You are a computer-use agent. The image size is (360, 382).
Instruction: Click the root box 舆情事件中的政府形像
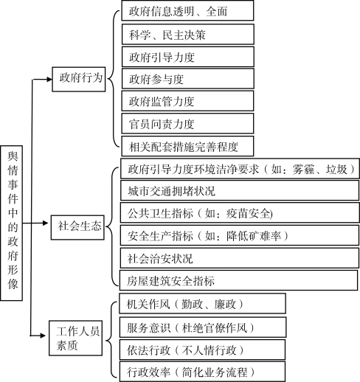[12, 223]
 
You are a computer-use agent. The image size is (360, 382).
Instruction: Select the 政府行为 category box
[79, 79]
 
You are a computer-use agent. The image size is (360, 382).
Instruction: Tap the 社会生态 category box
[77, 227]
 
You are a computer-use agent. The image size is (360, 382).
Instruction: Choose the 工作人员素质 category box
[76, 338]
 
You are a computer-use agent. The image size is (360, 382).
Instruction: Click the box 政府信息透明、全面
[187, 10]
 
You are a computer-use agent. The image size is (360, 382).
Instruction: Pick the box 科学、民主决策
[188, 34]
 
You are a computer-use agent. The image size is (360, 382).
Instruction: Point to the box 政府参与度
[188, 79]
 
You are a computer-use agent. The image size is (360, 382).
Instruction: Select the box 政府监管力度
[187, 101]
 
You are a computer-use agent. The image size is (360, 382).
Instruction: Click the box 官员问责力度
[187, 123]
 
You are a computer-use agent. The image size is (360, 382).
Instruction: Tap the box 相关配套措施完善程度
[187, 146]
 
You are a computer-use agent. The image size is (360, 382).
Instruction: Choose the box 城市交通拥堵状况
[240, 190]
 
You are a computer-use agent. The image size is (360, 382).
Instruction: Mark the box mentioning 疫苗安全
[240, 213]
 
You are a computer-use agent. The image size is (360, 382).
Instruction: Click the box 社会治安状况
[240, 258]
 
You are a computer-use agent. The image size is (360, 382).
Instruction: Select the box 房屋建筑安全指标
[238, 280]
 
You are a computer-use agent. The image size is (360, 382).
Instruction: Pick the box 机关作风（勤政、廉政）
[202, 304]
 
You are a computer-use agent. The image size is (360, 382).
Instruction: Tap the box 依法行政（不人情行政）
[202, 350]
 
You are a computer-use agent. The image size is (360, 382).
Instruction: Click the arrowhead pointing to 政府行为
[49, 79]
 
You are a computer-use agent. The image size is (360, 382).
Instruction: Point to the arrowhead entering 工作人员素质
[43, 336]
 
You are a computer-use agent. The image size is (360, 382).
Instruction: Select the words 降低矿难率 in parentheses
[254, 236]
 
